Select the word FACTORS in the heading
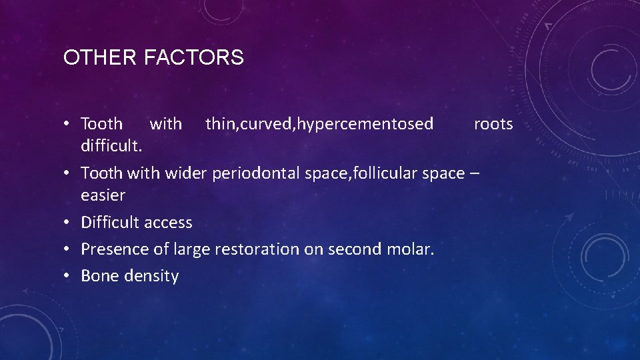point(193,58)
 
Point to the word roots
point(493,124)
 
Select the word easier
point(103,195)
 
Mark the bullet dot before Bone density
point(69,276)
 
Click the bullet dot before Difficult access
point(69,223)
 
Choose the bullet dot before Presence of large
point(69,249)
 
